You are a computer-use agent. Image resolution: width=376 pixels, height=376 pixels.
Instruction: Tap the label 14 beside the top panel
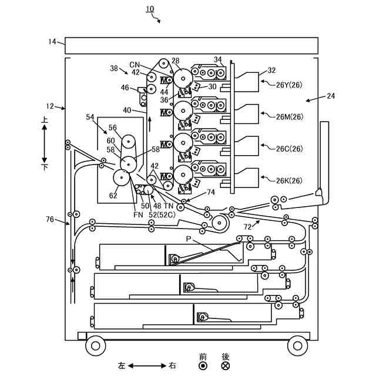tap(52, 41)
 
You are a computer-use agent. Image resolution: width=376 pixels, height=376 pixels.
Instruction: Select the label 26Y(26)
tap(289, 84)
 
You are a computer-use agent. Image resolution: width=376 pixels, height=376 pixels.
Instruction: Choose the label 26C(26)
tap(289, 148)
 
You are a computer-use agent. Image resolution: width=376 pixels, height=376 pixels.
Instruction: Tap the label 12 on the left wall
tap(49, 106)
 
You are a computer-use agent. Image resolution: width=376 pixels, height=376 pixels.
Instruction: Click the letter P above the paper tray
tap(189, 239)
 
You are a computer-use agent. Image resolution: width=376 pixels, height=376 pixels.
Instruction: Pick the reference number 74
tap(211, 192)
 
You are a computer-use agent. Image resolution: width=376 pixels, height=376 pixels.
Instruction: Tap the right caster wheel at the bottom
tap(297, 345)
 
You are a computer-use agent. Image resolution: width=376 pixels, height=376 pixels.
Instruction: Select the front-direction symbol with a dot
tap(203, 365)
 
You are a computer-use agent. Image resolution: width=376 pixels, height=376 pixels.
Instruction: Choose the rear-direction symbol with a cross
tap(225, 365)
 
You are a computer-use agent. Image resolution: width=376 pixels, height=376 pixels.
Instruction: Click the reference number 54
tap(90, 117)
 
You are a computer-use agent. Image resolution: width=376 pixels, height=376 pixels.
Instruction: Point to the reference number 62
tap(113, 196)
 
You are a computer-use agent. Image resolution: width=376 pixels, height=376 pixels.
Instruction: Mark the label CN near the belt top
tap(135, 64)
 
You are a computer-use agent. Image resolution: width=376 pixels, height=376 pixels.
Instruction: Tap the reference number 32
tap(271, 70)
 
